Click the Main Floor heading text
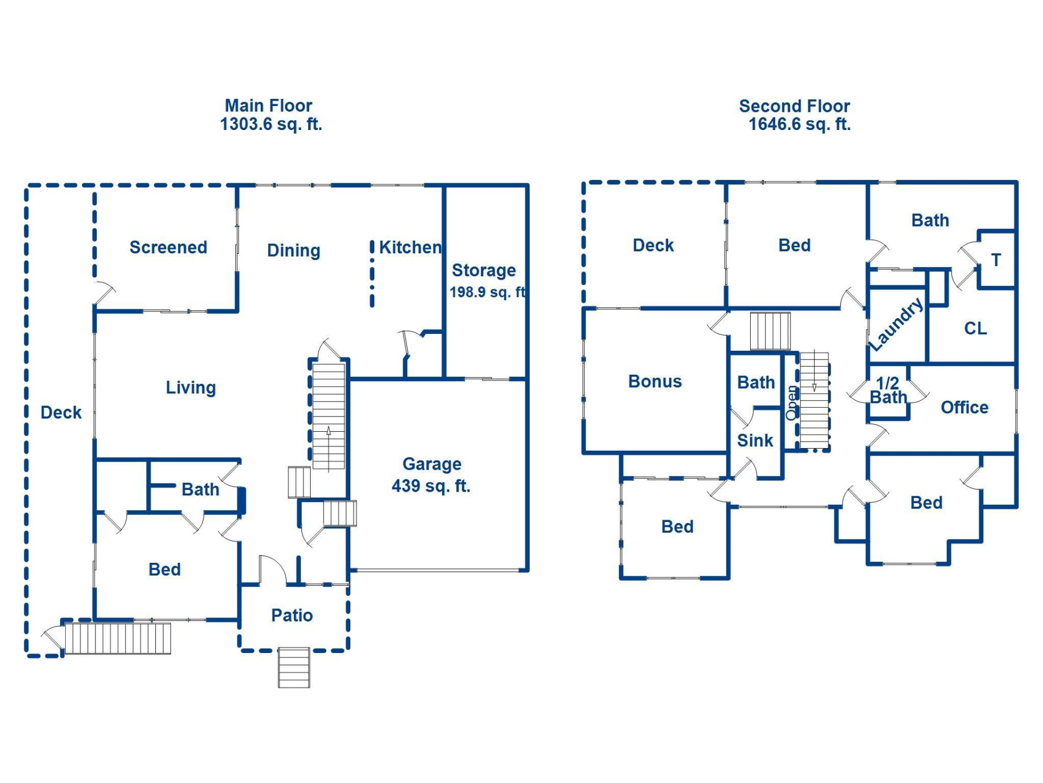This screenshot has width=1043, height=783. tap(268, 105)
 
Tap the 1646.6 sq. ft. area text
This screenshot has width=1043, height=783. tap(799, 125)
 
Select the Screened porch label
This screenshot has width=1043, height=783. tap(168, 247)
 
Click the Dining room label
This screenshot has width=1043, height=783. tap(293, 251)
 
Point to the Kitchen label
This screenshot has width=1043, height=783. tap(410, 247)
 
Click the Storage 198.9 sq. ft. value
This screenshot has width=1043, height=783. tap(487, 293)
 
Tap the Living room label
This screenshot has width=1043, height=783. tap(191, 388)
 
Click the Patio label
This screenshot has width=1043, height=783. tap(292, 616)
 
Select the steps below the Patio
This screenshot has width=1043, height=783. tap(294, 668)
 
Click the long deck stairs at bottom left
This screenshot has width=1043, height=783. tap(118, 638)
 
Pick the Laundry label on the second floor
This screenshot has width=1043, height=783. tap(896, 325)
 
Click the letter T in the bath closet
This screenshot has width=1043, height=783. tap(996, 260)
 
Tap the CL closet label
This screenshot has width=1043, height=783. tap(975, 328)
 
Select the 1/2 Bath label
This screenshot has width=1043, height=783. tap(888, 390)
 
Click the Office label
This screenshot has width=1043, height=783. tap(964, 407)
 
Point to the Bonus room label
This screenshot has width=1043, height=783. tap(655, 381)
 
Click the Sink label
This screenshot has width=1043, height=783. tap(755, 440)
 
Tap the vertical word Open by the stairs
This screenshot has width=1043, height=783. tap(792, 402)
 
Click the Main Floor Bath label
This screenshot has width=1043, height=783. tap(200, 489)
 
